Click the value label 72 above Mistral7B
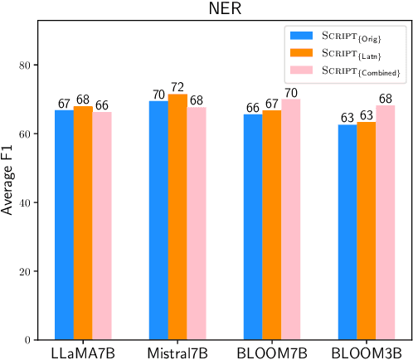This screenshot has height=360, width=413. [x=177, y=87]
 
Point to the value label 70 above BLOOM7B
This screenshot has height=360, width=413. [x=290, y=93]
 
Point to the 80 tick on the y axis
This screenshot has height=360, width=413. [x=27, y=66]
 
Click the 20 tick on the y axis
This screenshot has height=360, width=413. [x=27, y=271]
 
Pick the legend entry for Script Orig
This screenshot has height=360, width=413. [x=347, y=36]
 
